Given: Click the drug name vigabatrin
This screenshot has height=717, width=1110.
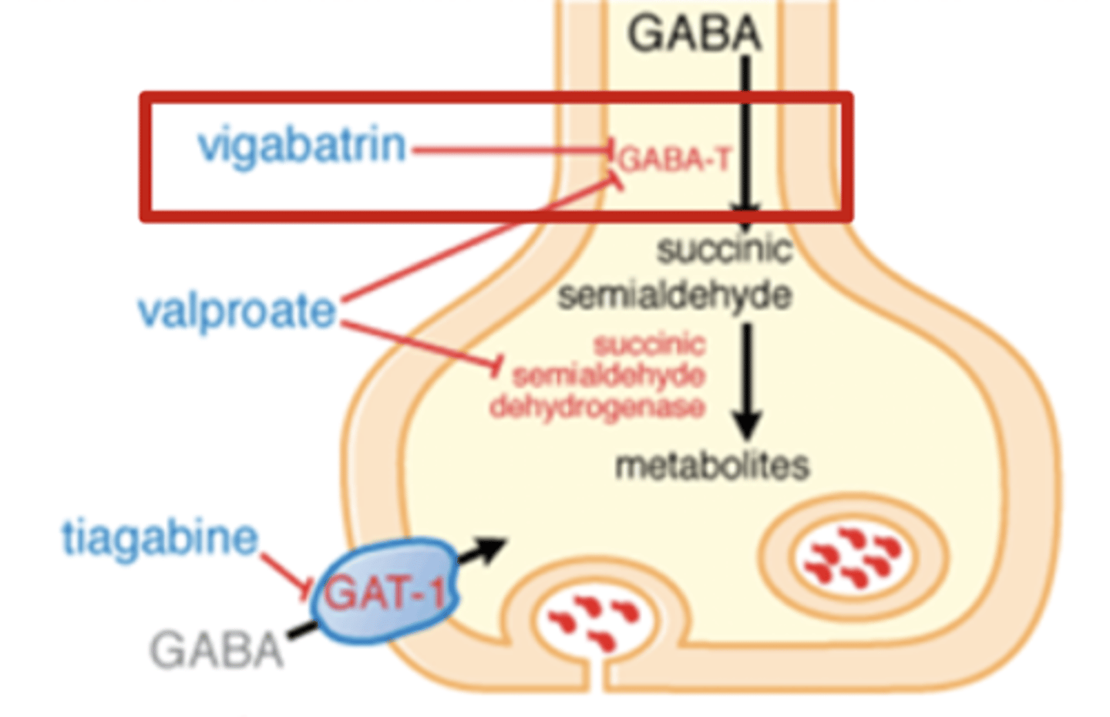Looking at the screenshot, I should [301, 146].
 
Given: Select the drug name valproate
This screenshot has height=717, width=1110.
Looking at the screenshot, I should [237, 311].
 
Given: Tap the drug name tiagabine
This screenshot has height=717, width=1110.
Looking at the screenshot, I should [160, 537].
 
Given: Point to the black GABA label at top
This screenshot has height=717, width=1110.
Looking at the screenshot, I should [694, 35].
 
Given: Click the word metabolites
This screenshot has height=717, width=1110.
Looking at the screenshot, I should [712, 466].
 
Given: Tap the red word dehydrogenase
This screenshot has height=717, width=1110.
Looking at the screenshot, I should [597, 407].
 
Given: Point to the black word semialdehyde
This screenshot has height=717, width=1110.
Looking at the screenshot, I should [674, 295].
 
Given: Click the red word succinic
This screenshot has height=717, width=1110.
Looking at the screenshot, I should [649, 344].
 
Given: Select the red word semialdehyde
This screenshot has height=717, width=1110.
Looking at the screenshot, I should [609, 375].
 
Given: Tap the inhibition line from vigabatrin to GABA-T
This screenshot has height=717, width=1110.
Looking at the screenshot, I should [509, 150].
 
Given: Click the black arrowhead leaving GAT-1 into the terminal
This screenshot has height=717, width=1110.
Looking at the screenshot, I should [490, 548].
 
